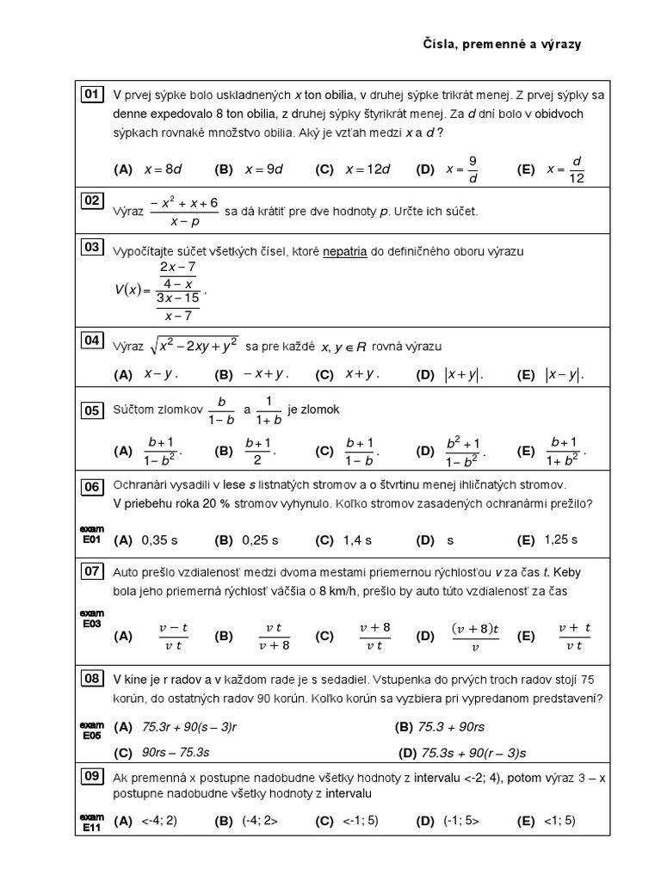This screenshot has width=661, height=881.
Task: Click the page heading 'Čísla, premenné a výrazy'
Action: pyautogui.click(x=502, y=44)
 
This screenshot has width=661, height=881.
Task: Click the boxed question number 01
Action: pyautogui.click(x=91, y=94)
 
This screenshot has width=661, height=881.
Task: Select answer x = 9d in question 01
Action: pyautogui.click(x=263, y=169)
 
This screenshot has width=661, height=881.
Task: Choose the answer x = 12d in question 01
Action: pyautogui.click(x=368, y=169)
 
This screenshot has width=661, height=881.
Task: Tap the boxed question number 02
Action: pyautogui.click(x=91, y=200)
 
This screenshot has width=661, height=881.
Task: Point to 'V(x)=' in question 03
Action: pyautogui.click(x=133, y=290)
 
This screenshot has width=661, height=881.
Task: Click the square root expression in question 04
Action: pyautogui.click(x=194, y=346)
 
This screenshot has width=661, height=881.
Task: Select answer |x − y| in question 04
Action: pyautogui.click(x=565, y=374)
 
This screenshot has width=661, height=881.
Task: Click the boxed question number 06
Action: pyautogui.click(x=91, y=486)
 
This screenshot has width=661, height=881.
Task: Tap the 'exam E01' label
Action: pyautogui.click(x=91, y=534)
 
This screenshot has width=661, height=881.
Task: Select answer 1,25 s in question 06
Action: pyautogui.click(x=560, y=539)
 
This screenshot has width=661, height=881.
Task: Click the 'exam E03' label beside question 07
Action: pyautogui.click(x=91, y=619)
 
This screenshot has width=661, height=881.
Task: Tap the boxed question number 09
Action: pyautogui.click(x=91, y=777)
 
